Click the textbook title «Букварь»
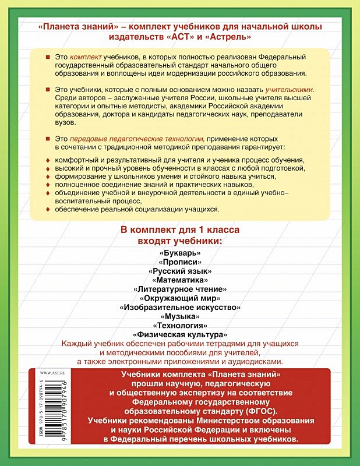coord(179,253)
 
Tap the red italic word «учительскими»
coord(289,90)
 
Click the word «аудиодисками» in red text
coord(254,361)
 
